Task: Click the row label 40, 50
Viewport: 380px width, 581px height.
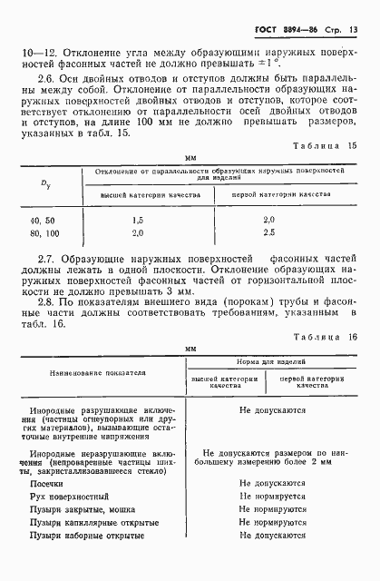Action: pos(42,220)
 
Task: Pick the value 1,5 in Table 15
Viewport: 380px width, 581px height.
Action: pos(139,220)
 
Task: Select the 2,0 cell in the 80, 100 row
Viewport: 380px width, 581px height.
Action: pos(139,233)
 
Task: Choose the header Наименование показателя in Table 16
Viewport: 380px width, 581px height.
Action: pos(83,373)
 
